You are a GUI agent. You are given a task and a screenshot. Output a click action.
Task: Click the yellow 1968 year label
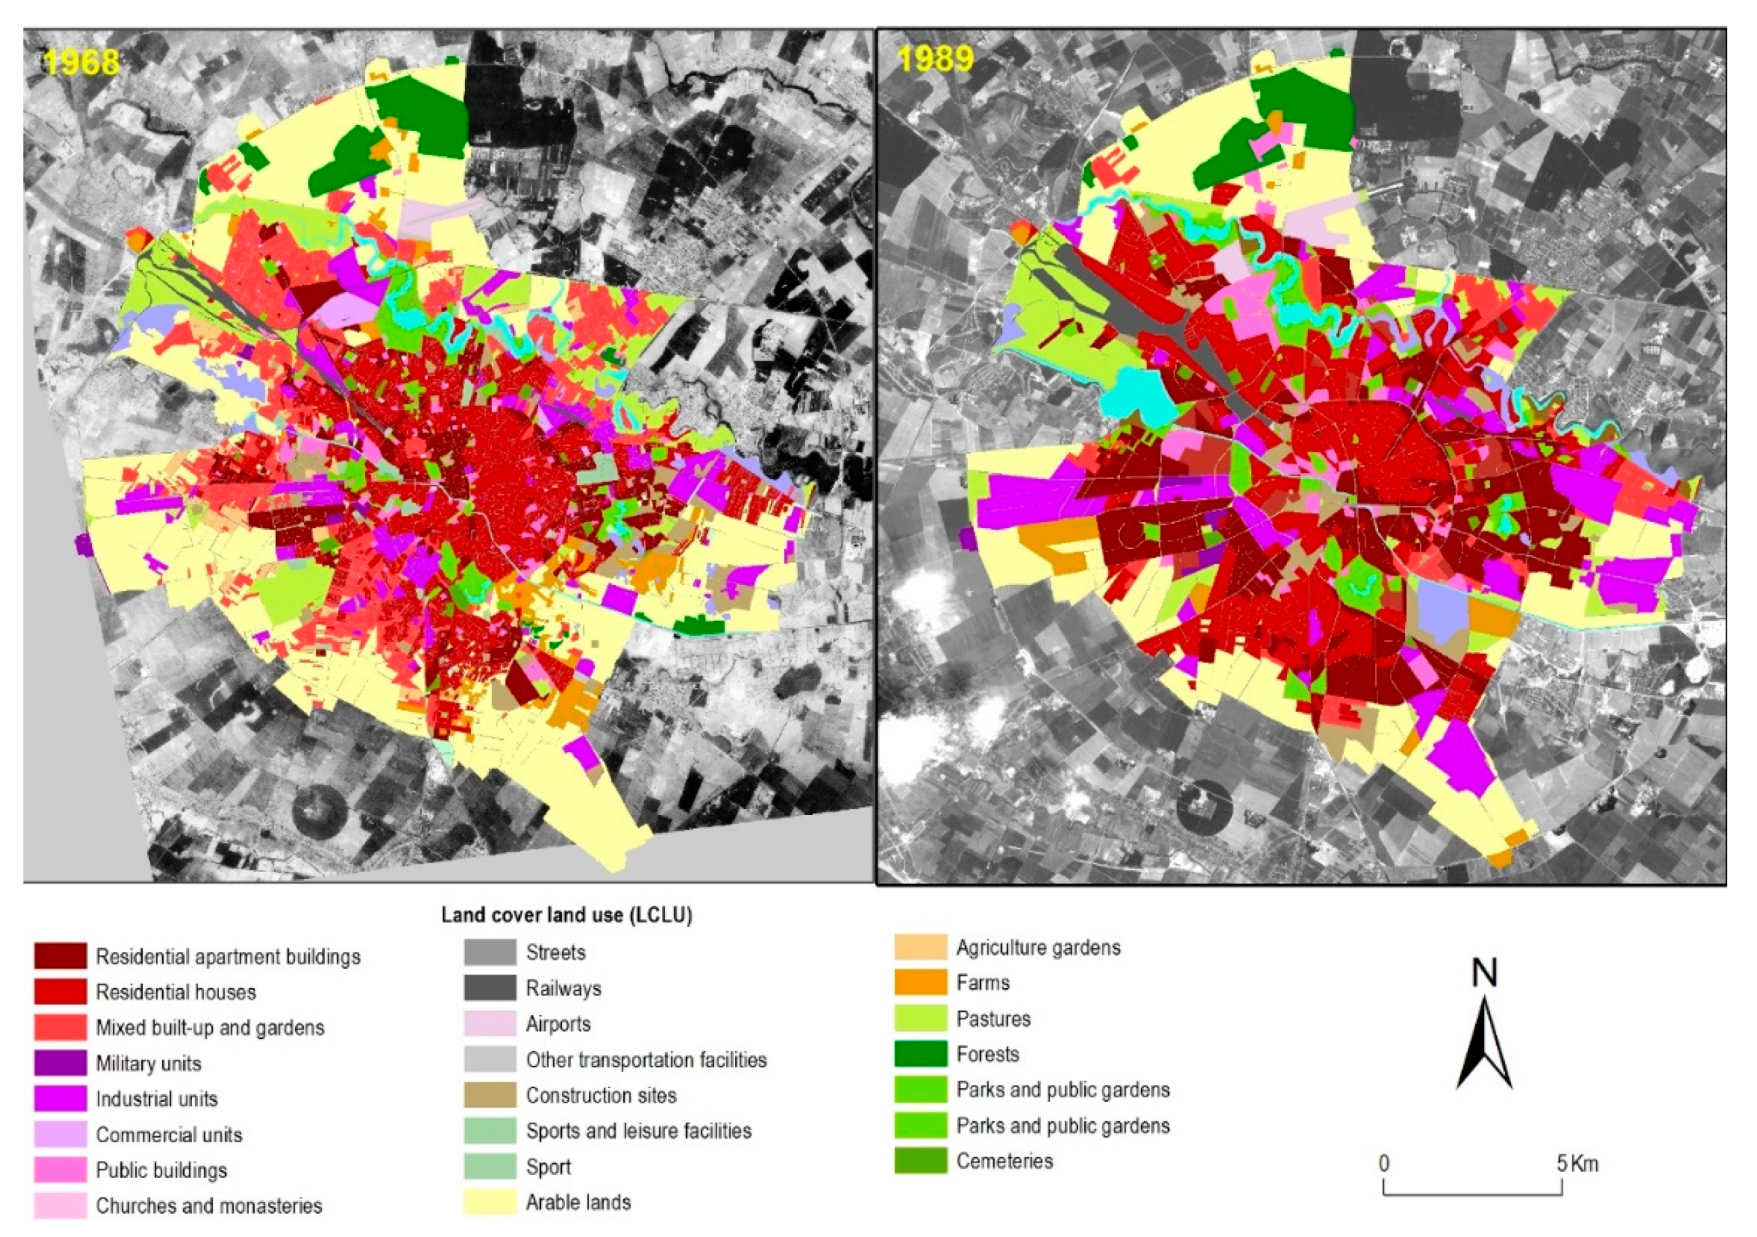point(81,62)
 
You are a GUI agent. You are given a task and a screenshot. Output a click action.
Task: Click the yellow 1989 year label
point(935,59)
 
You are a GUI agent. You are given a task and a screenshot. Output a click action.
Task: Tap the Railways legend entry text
point(563,988)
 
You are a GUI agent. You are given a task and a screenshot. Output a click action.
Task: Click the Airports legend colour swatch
point(489,1023)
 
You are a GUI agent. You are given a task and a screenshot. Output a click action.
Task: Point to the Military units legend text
point(149,1063)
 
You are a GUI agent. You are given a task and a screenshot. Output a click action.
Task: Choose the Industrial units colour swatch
point(59,1098)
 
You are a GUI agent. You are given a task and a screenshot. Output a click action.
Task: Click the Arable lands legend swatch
point(489,1202)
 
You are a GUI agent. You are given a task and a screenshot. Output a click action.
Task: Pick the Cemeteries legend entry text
point(1004,1161)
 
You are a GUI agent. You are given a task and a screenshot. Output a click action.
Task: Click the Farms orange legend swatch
point(921,983)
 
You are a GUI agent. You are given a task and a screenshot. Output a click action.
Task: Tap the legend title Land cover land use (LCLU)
point(567,915)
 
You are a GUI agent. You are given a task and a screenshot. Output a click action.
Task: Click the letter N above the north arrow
point(1485,973)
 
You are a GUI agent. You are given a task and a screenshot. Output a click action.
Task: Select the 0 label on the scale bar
point(1384,1164)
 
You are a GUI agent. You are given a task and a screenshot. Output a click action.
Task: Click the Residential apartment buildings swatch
point(59,956)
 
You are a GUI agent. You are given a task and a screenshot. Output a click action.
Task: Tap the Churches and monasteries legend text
point(209,1206)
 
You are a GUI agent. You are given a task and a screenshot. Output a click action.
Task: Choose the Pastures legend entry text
point(993,1019)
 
